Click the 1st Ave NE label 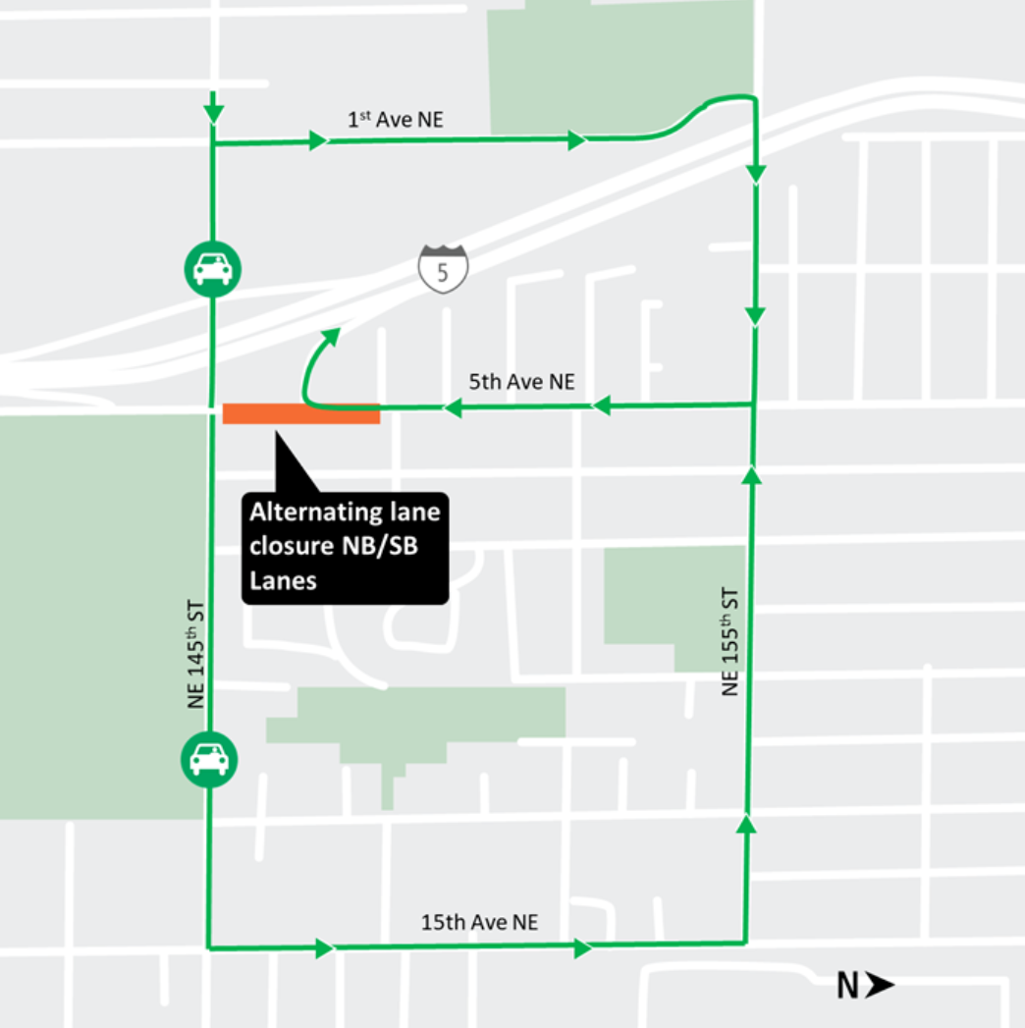(x=396, y=120)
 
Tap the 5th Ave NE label (x=521, y=382)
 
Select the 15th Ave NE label (x=479, y=922)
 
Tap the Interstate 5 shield (x=443, y=269)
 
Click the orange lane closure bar (x=300, y=413)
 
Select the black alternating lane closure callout (x=345, y=546)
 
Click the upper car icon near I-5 (x=212, y=267)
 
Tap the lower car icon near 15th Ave (x=208, y=758)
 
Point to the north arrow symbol (x=881, y=985)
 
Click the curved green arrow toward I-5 (x=316, y=363)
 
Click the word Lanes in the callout (x=283, y=580)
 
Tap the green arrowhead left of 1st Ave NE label (x=318, y=140)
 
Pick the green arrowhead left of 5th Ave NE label (x=452, y=407)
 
